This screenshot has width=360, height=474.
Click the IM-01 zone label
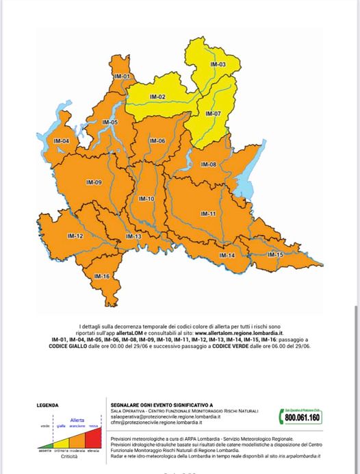click(x=123, y=75)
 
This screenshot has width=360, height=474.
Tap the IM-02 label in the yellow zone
click(x=158, y=97)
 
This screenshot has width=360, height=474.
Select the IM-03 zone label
click(x=218, y=64)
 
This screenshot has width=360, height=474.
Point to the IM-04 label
click(x=62, y=141)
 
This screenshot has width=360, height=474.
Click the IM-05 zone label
click(x=110, y=123)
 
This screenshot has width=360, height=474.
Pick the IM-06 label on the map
click(x=157, y=141)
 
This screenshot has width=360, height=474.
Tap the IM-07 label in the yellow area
click(x=214, y=114)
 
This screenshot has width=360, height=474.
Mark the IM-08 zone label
click(x=209, y=164)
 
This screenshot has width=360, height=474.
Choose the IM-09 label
click(x=94, y=182)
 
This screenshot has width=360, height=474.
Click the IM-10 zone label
click(x=146, y=199)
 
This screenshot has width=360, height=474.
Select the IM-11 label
click(x=209, y=214)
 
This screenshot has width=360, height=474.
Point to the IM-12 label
click(x=75, y=236)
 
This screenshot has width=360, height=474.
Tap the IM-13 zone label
click(x=133, y=236)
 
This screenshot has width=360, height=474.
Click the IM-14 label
click(x=227, y=255)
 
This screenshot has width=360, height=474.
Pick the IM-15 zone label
click(x=275, y=255)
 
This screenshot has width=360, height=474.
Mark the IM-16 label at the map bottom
click(x=102, y=276)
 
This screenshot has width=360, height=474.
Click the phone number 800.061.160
click(x=302, y=417)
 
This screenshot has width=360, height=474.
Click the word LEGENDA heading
click(x=47, y=406)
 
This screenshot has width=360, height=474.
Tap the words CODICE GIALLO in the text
click(x=73, y=346)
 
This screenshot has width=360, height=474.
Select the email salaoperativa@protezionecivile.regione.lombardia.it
click(x=159, y=416)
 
